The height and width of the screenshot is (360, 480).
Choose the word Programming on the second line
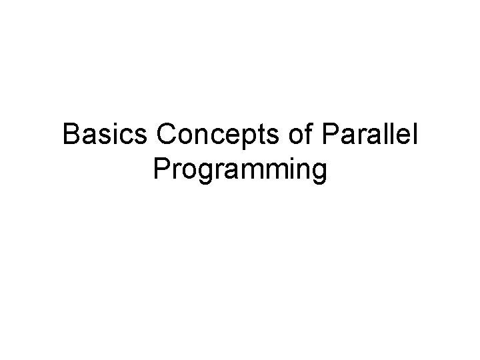pos(240,169)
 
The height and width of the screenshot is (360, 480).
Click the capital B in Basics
pos(71,136)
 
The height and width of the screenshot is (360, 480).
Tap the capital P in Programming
pos(161,169)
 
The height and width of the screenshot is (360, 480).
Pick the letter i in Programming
pos(288,169)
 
